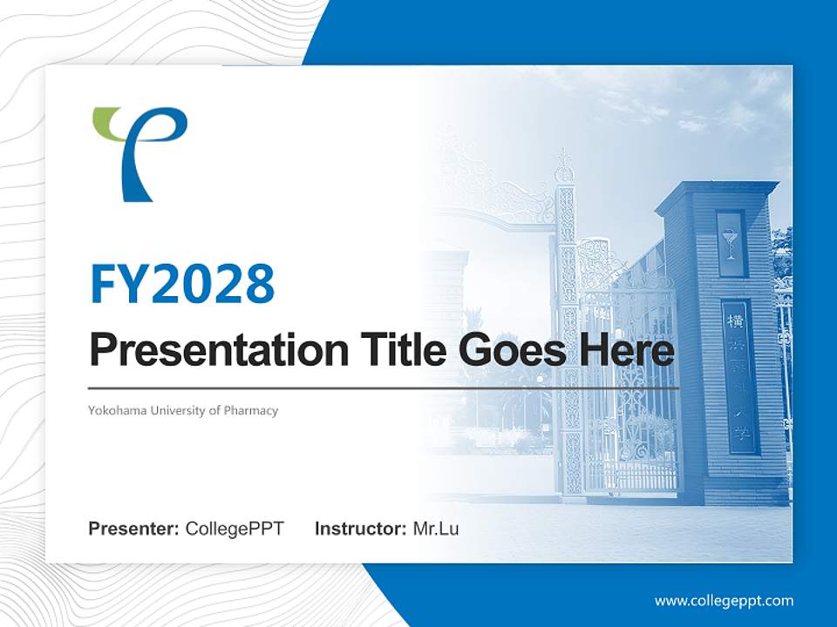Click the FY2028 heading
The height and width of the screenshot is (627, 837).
pos(182,284)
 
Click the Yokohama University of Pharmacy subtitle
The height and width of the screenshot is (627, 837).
pos(183,410)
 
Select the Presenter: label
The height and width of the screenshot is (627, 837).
pos(134,529)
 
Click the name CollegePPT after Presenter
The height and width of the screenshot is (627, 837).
pos(235,529)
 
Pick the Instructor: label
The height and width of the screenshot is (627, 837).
pos(360,529)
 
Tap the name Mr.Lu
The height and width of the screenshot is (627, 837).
pos(436,529)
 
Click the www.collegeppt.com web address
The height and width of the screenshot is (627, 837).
pos(724,601)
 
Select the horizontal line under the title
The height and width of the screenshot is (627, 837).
pos(384,388)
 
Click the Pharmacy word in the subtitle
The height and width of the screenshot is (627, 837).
pos(251,410)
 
